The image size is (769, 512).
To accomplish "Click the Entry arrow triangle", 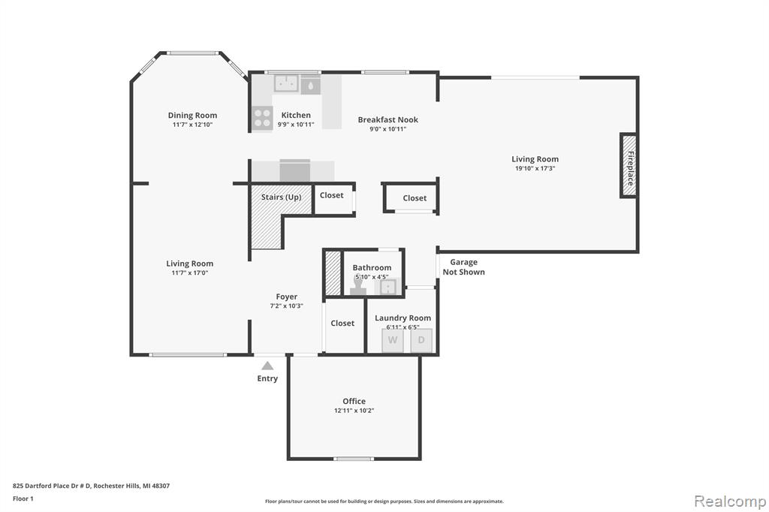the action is (x=267, y=366).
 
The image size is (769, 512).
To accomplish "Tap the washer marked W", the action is (x=393, y=340).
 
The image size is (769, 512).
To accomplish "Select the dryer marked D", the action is (x=421, y=340).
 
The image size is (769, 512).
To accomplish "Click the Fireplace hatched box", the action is (x=629, y=165).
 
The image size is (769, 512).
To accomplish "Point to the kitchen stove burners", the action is (x=262, y=118).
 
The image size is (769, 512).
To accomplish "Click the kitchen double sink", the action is (x=286, y=83).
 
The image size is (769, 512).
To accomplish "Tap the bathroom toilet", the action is (x=358, y=285).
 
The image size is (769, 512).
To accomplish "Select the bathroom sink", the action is (x=388, y=287).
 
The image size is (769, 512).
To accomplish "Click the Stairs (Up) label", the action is (x=281, y=197).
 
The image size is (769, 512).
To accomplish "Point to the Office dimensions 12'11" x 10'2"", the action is (x=354, y=411).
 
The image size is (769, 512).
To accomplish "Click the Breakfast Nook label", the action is (x=388, y=119).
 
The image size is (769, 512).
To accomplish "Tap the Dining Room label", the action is (x=192, y=116).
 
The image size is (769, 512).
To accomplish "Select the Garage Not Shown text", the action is (x=463, y=267).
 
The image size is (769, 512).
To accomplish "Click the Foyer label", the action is (x=286, y=297).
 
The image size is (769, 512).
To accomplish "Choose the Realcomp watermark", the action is (x=730, y=501).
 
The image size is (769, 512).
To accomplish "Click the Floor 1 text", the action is (x=23, y=498).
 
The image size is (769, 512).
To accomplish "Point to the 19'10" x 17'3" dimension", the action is (x=535, y=168).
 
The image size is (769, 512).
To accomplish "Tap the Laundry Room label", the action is (x=403, y=318).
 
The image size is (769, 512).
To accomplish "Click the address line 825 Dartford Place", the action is (x=91, y=486).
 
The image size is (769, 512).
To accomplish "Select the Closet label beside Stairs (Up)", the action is (x=331, y=195).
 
